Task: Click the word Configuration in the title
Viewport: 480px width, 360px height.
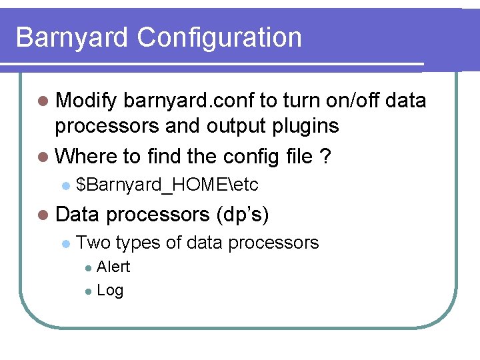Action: (x=219, y=37)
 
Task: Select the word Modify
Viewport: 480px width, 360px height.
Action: (x=87, y=101)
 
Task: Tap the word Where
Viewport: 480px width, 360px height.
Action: (x=86, y=157)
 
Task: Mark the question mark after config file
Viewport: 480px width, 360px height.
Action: (x=325, y=157)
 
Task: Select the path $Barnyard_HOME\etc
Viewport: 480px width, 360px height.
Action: (x=167, y=184)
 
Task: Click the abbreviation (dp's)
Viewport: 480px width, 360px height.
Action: (x=243, y=215)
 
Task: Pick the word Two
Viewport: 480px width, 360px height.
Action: (x=93, y=242)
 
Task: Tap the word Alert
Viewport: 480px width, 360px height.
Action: (x=113, y=267)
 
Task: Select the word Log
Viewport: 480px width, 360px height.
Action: (x=110, y=291)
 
